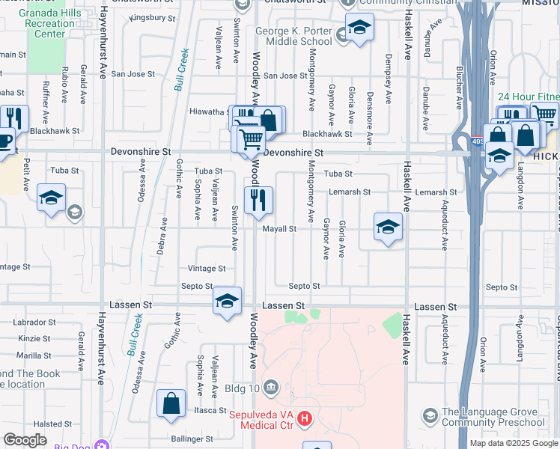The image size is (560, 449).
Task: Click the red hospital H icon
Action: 304,420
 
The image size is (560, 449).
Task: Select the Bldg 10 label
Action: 243,388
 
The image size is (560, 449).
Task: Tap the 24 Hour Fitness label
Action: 528,97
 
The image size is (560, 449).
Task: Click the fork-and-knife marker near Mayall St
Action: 258,200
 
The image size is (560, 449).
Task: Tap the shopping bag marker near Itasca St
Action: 171,403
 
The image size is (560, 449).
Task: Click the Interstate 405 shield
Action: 478,141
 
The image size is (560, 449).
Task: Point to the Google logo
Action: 25,440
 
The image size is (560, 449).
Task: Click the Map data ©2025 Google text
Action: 513,443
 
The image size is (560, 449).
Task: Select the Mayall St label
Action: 280,229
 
